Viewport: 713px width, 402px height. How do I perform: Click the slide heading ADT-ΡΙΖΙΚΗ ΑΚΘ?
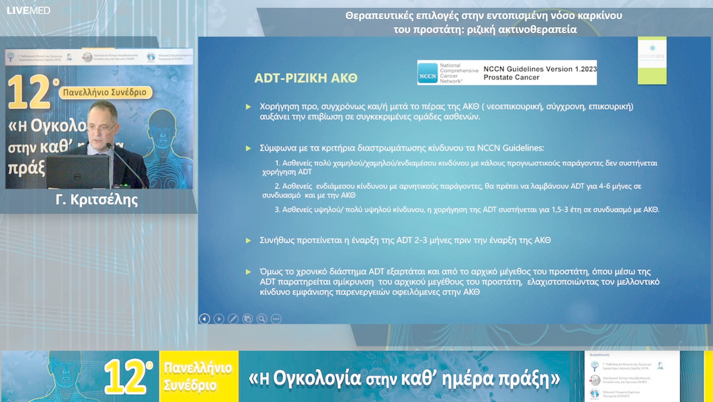pyautogui.click(x=306, y=78)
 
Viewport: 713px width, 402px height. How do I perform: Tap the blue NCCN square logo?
pyautogui.click(x=428, y=73)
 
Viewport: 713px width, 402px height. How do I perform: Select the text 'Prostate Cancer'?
pyautogui.click(x=511, y=77)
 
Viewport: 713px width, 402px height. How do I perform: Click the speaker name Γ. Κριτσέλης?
pyautogui.click(x=96, y=200)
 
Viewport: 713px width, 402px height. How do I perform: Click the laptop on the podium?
pyautogui.click(x=77, y=171)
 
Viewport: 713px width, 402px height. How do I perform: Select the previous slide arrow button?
pyautogui.click(x=205, y=318)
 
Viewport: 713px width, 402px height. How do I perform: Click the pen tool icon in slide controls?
pyautogui.click(x=233, y=318)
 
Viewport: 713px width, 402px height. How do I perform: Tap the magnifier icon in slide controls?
pyautogui.click(x=262, y=318)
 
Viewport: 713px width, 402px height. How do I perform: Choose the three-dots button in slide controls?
pyautogui.click(x=276, y=318)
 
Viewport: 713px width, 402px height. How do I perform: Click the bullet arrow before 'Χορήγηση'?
pyautogui.click(x=248, y=106)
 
